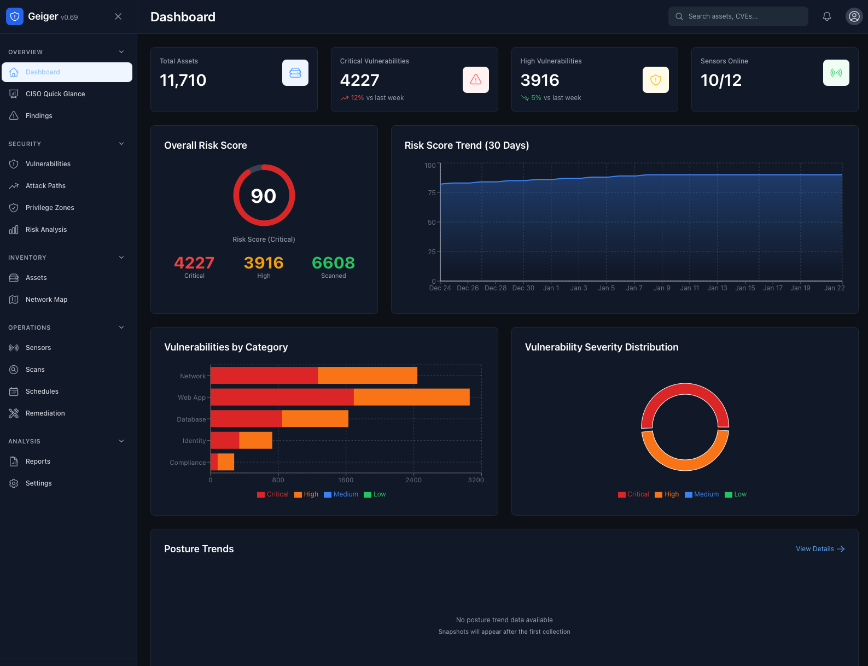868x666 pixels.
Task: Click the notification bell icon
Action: [x=826, y=16]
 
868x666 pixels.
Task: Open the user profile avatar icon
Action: [x=854, y=16]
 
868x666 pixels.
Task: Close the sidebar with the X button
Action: [x=118, y=16]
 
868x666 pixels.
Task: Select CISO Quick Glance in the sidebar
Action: [x=55, y=94]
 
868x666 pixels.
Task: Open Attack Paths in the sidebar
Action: [x=45, y=186]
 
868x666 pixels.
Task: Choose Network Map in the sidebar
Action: [x=46, y=300]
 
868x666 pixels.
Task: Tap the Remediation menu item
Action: [x=45, y=413]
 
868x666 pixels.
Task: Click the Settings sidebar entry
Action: [x=38, y=483]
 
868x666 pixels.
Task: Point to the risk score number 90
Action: [x=264, y=196]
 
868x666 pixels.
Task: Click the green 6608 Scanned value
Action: [x=333, y=263]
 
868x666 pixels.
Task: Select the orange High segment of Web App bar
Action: [x=411, y=397]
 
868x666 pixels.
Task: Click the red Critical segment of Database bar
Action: [x=246, y=419]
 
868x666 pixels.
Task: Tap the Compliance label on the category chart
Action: [x=188, y=463]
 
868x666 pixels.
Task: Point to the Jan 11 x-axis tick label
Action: [x=689, y=288]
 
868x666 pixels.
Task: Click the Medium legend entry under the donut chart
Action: [x=702, y=494]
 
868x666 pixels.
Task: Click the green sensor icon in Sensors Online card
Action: [x=836, y=73]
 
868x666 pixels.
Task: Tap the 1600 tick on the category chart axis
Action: [x=346, y=480]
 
